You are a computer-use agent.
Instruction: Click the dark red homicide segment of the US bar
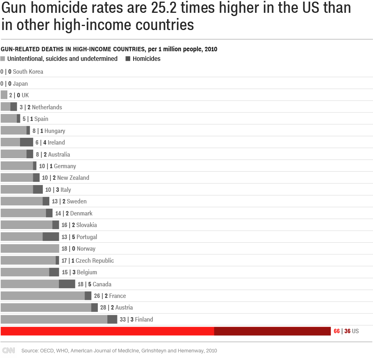coord(272,331)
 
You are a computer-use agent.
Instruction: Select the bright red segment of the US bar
coord(107,331)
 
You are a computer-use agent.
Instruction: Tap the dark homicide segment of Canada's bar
coord(67,284)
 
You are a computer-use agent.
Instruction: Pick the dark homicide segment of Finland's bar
coord(112,319)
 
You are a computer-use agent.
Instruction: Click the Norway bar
coord(30,249)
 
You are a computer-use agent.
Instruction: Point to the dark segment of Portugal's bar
coord(50,237)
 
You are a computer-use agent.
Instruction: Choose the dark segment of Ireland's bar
coord(26,143)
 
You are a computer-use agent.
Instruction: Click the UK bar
coord(4,95)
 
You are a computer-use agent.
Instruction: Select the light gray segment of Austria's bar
coord(46,308)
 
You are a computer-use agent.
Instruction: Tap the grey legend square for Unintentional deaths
coord(3,59)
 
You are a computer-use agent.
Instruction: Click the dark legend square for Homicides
coord(128,59)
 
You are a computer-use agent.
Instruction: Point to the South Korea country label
coord(28,72)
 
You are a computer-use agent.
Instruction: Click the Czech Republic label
coord(95,261)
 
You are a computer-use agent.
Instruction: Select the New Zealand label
coord(73,178)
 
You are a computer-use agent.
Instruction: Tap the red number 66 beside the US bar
coord(337,331)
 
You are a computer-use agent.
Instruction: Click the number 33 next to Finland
coord(123,319)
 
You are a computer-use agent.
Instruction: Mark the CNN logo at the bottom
coord(8,350)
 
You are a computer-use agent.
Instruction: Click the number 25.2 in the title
coord(164,8)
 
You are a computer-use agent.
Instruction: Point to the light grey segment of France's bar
coord(42,296)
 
